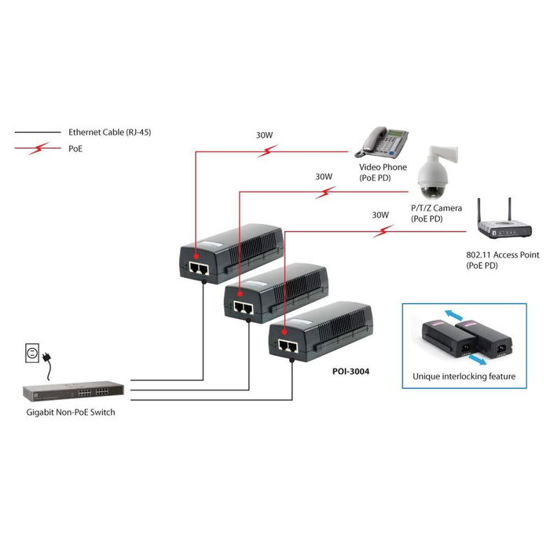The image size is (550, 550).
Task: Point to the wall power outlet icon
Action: [x=31, y=356]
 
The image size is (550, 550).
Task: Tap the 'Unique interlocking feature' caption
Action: [x=464, y=376]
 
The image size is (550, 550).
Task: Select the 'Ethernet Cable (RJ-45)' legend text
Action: [x=109, y=133]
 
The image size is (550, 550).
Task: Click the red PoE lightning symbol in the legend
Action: [x=44, y=148]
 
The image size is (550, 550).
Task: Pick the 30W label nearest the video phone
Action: [x=264, y=135]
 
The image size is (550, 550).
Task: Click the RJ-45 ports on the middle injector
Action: [x=243, y=306]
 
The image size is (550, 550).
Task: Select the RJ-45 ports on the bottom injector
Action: [x=288, y=345]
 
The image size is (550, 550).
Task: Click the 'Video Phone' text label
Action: [x=383, y=168]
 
